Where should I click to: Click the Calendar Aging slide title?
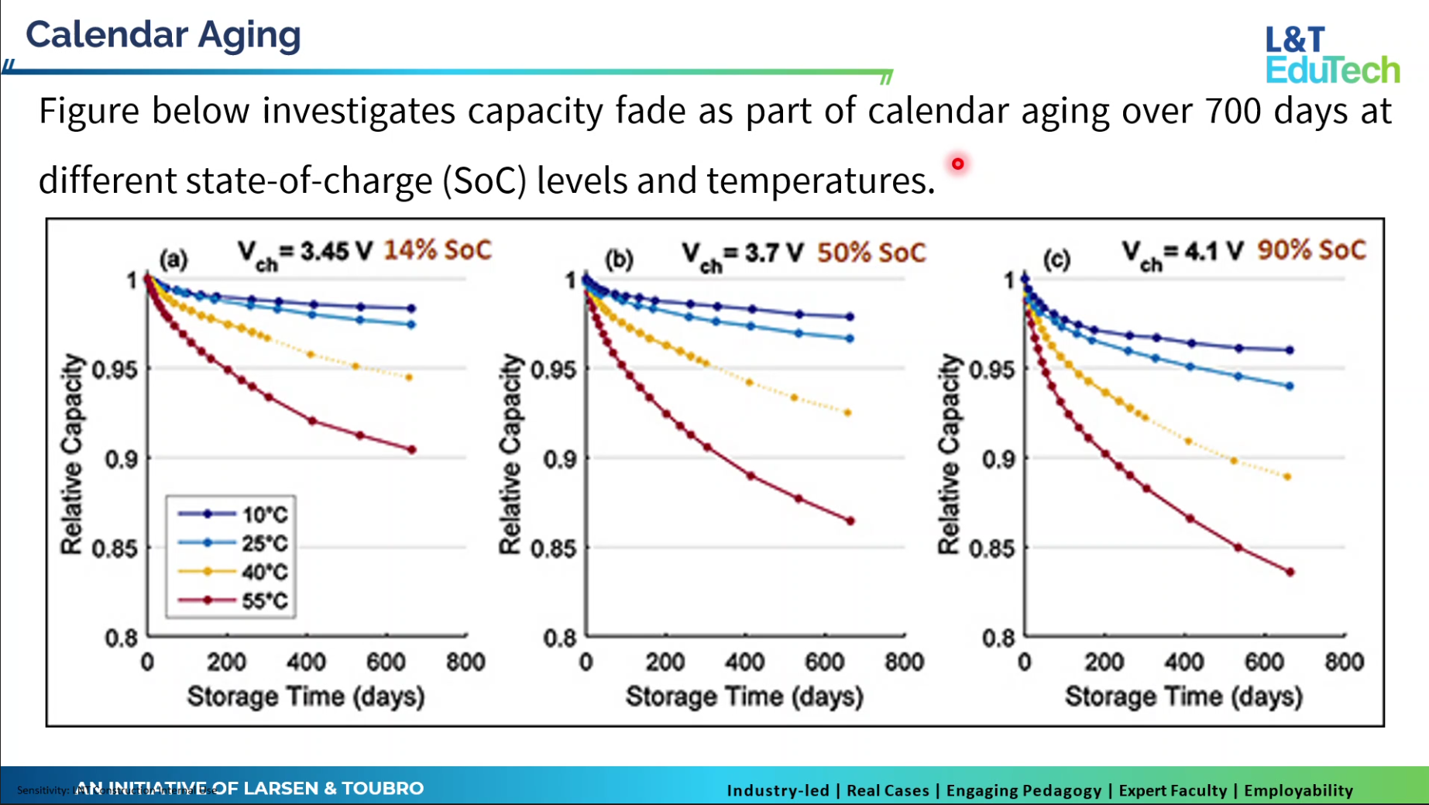tap(163, 35)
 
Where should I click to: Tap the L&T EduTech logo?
tap(1332, 54)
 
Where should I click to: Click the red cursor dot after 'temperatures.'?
tap(958, 163)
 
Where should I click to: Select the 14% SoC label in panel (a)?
tap(438, 250)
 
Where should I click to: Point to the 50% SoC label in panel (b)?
tap(871, 253)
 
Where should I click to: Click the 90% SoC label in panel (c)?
tap(1311, 250)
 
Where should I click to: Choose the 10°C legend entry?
tap(232, 514)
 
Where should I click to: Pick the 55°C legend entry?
tap(232, 600)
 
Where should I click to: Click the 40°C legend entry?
tap(232, 572)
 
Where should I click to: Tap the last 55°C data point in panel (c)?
tap(1290, 573)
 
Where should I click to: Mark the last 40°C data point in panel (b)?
tap(848, 413)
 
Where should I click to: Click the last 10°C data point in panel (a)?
tap(411, 308)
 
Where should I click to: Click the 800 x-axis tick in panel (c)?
tap(1344, 662)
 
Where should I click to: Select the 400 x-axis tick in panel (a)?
tap(306, 662)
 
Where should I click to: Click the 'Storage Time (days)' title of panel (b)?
tap(744, 697)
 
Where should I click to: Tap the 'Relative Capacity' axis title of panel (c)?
tap(949, 454)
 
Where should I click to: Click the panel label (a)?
tap(173, 260)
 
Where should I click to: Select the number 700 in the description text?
tap(1234, 111)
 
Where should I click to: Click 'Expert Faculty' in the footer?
tap(1173, 790)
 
